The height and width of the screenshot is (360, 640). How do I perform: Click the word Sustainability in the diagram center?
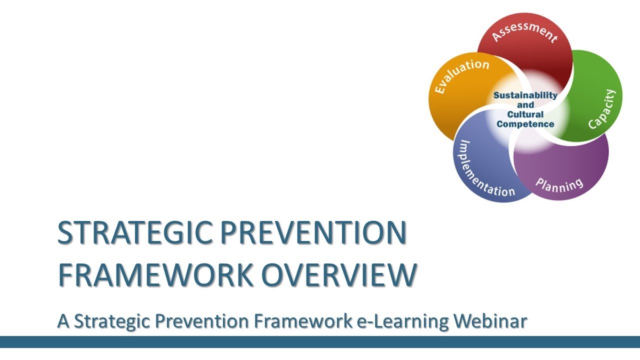(x=525, y=95)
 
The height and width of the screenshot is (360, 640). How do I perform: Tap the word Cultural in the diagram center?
(x=525, y=114)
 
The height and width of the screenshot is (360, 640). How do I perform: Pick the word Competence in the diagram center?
(x=525, y=124)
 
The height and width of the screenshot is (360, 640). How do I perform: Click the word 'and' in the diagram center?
(x=525, y=105)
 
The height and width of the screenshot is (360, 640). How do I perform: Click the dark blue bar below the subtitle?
(x=320, y=342)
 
